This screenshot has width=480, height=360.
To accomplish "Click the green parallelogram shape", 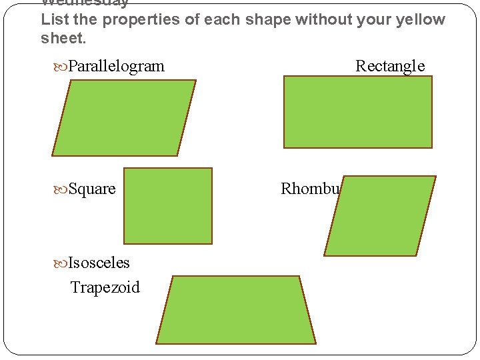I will (x=124, y=118).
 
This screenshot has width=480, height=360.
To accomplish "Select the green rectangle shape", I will (x=358, y=112).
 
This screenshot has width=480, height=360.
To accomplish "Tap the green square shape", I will (x=168, y=205).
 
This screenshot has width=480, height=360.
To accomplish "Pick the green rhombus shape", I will (x=380, y=215).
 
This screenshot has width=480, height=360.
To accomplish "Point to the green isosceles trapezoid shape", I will (x=236, y=310).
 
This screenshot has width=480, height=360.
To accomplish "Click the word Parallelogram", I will (x=116, y=66).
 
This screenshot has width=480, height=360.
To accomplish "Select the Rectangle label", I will (x=390, y=66).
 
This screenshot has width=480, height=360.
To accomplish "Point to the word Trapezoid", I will (x=105, y=287).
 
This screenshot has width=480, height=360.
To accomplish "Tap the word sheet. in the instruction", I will (x=63, y=39).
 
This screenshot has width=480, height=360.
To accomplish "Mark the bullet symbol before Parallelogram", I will (x=61, y=67).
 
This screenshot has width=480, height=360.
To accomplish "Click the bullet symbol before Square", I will (x=61, y=189).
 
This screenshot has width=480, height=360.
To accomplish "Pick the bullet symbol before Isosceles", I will (x=61, y=263).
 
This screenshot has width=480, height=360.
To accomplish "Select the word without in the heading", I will (x=319, y=19).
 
